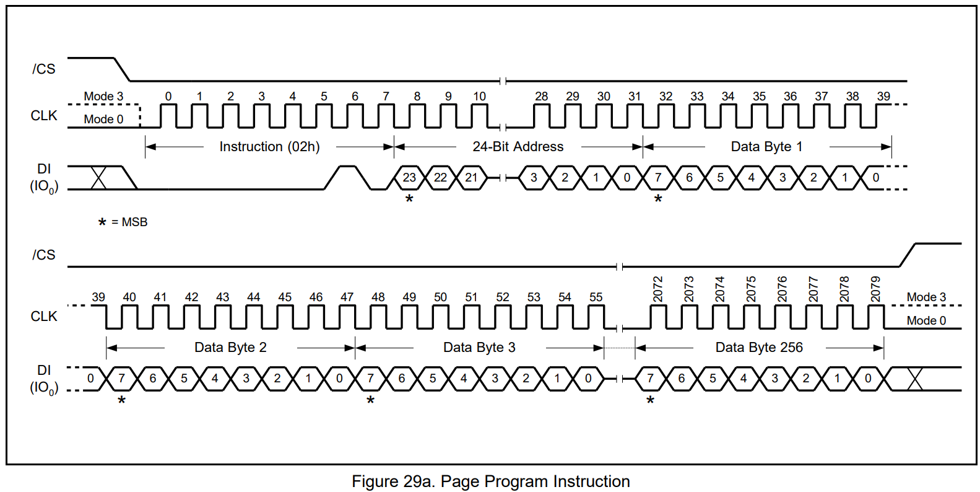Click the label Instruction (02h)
coord(269,147)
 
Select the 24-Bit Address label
coord(518,147)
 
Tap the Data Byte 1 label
coord(766,147)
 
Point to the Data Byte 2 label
coord(230,348)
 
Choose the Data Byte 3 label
coord(479,348)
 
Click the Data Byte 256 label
coord(759,348)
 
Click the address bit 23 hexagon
coord(409,178)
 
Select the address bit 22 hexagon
coord(440,178)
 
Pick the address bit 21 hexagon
coord(472,178)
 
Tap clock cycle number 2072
coord(657,289)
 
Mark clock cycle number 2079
coord(875,289)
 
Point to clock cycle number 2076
coord(782,289)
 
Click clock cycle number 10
coord(479,97)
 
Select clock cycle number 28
coord(542,97)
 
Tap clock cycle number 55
coord(596,297)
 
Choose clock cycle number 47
coord(347,297)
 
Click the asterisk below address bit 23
coord(409,200)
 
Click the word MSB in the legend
coord(134,222)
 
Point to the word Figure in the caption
coord(375,481)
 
